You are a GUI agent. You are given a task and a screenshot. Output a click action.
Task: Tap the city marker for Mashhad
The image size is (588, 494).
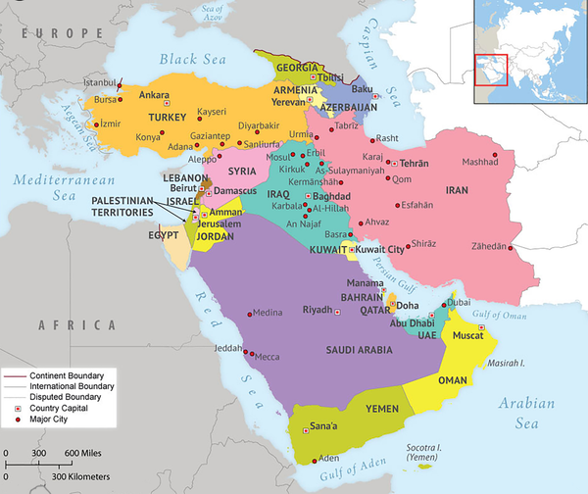(494, 155)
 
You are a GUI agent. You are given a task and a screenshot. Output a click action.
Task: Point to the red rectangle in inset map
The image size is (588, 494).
(491, 71)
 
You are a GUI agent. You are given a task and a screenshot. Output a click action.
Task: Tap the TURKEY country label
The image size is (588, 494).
(160, 118)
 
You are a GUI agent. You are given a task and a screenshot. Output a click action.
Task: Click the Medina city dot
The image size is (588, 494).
(249, 314)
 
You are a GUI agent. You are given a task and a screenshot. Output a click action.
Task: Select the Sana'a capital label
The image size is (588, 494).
(324, 425)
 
